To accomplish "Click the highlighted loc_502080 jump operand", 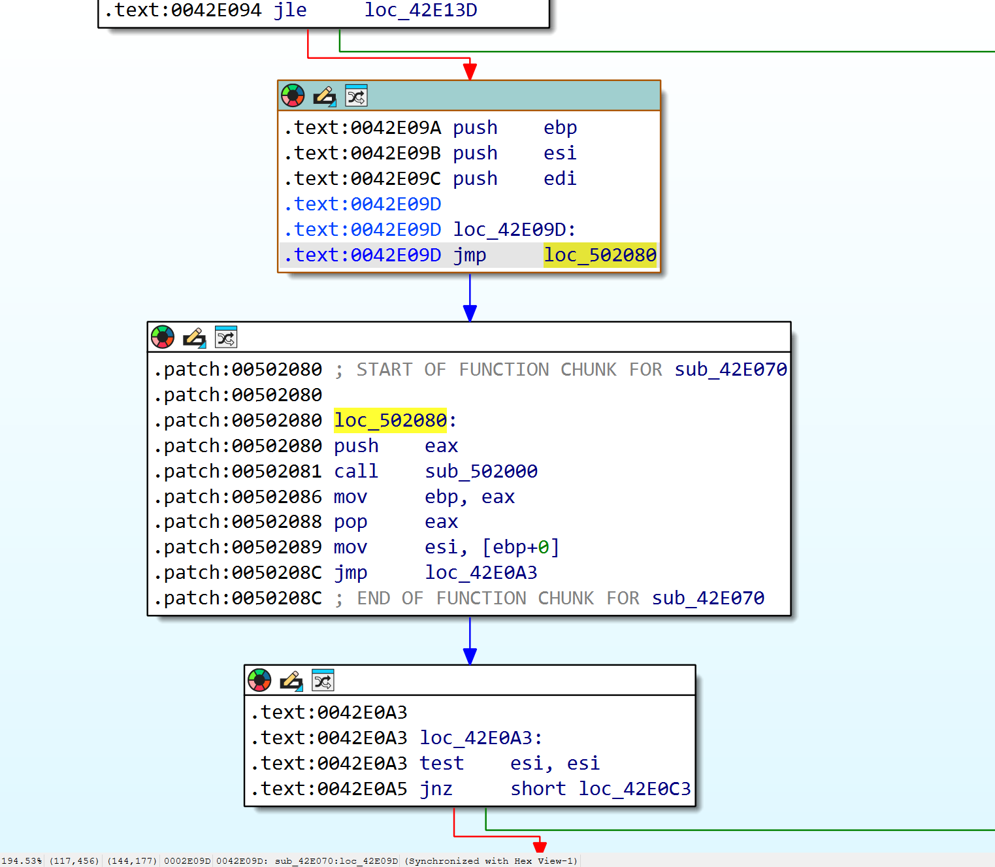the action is (600, 255).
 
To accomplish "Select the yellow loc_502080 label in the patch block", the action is (390, 420).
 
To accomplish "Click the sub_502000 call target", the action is (481, 471).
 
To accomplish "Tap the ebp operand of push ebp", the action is (561, 128).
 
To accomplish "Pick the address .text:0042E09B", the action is (363, 153).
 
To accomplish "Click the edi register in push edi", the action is (560, 178).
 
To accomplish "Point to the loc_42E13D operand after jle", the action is (421, 10).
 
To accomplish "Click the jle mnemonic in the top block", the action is (290, 10).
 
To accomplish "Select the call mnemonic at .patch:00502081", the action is (356, 471).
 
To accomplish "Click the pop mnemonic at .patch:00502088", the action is (350, 522).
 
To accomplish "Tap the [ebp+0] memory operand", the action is (520, 547).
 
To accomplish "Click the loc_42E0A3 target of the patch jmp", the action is (481, 573).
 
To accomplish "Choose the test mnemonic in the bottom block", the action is (442, 763).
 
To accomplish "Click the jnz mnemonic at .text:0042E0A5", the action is (436, 789).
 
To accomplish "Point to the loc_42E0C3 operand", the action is (634, 789).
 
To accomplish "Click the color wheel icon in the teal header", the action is (293, 95).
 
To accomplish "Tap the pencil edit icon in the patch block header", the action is (195, 338).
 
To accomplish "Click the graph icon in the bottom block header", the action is (323, 680).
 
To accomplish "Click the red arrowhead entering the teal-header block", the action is (470, 71).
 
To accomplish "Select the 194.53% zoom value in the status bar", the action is (22, 860).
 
